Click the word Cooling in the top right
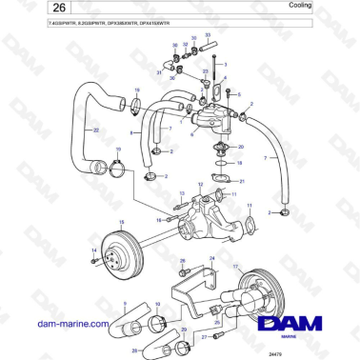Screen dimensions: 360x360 [x=325, y=7]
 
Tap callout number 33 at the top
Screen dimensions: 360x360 [x=208, y=34]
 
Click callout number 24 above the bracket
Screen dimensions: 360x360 [x=212, y=258]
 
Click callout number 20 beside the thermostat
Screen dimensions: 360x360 [x=241, y=148]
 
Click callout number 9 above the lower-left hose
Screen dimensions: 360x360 [x=123, y=302]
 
